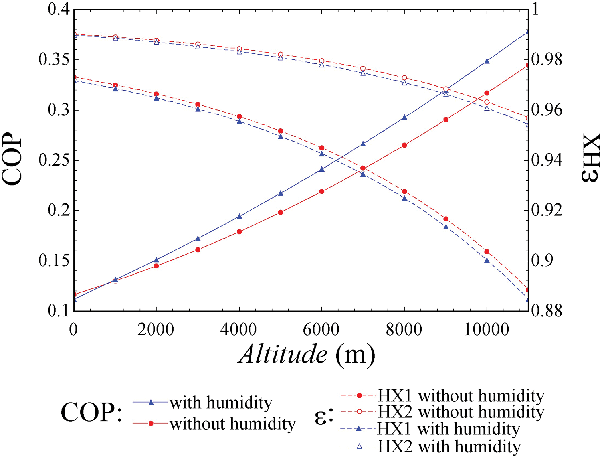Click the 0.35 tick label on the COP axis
(54, 60)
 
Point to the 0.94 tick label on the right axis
(547, 160)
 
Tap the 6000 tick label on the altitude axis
(321, 330)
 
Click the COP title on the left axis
(12, 159)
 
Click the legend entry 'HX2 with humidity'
(449, 446)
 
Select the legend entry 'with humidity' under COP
(221, 403)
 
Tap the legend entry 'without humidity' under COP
(232, 424)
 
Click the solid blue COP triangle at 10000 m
(487, 61)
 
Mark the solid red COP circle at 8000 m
(404, 145)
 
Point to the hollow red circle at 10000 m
(487, 102)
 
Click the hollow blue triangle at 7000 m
(363, 73)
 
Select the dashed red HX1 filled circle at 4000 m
(239, 116)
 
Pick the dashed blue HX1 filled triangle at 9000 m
(446, 227)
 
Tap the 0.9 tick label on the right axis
(543, 261)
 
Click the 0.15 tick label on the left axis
(54, 261)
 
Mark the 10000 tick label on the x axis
(487, 330)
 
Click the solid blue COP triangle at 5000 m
(280, 193)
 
